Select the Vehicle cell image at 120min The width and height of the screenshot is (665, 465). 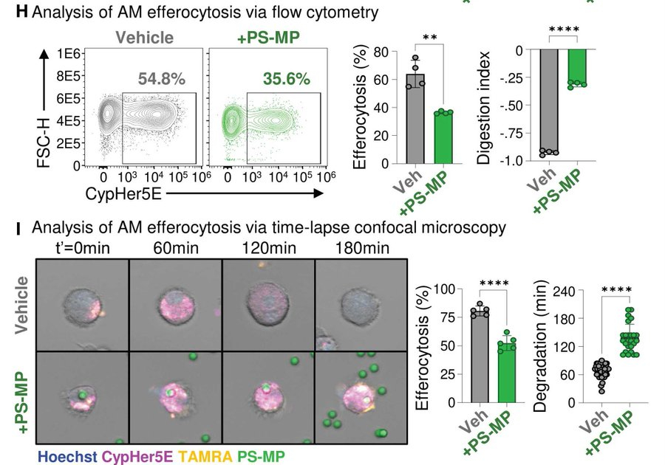[268, 304]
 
